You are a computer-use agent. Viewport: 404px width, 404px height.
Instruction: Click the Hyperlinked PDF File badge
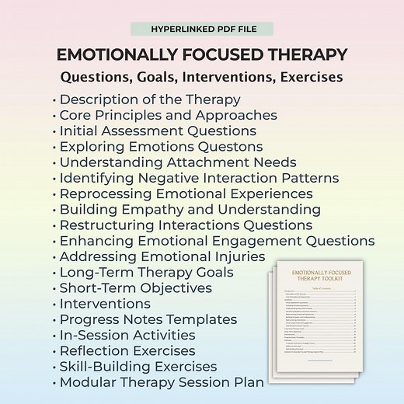[x=202, y=29]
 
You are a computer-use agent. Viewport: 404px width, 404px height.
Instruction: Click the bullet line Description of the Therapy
[x=150, y=99]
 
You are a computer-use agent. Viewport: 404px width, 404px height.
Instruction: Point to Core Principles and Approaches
[x=168, y=115]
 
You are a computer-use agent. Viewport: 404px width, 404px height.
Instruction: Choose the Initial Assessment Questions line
[x=167, y=131]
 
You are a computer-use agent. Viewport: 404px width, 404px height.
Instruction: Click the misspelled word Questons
[x=231, y=147]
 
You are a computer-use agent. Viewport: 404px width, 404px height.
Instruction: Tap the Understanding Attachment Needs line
[x=178, y=162]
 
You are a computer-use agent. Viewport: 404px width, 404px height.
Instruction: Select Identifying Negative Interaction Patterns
[x=199, y=178]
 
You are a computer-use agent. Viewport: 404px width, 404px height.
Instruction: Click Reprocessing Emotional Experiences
[x=186, y=193]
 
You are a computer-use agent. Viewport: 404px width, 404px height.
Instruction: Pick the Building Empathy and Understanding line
[x=190, y=209]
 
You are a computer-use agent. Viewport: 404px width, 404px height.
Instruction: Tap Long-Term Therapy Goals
[x=147, y=272]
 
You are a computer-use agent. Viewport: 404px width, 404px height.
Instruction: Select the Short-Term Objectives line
[x=135, y=287]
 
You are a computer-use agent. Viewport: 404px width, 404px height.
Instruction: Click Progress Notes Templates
[x=148, y=319]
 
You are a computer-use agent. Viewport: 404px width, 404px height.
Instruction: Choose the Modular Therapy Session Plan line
[x=162, y=381]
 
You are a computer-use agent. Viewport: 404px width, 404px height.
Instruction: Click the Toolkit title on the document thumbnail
[x=322, y=277]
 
